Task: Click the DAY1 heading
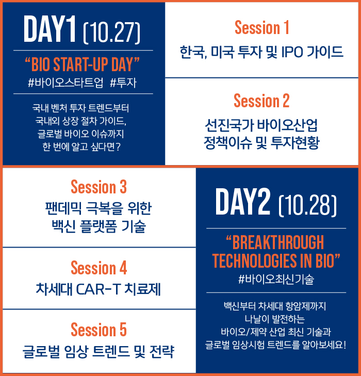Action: point(50,29)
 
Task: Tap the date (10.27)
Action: point(111,32)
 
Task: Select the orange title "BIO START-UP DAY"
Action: point(82,64)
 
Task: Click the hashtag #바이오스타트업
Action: point(65,83)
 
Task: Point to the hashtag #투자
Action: point(123,83)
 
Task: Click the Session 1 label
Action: point(262,27)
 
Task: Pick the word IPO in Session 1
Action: point(292,52)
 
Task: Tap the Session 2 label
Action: point(261,101)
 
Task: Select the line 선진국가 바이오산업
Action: point(261,125)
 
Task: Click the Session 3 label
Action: point(99,187)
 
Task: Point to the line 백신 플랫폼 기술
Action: point(99,226)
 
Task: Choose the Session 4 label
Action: point(99,268)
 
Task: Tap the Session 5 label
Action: point(99,330)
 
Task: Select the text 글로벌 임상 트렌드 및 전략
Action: point(99,352)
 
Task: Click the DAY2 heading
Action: point(243,202)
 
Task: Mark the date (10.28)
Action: point(308,205)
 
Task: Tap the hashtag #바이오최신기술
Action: point(276,280)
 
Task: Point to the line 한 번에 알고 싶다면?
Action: point(81,147)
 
